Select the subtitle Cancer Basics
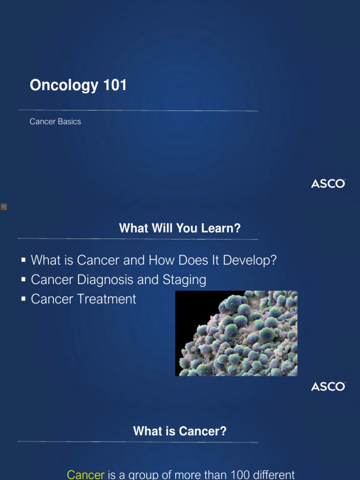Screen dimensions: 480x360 pos(55,121)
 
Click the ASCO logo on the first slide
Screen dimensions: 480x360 pos(328,184)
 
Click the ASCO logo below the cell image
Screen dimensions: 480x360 pos(328,387)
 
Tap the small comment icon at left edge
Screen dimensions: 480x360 pos(4,207)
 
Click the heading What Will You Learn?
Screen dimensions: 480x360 pos(180,228)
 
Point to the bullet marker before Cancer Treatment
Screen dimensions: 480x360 pos(23,299)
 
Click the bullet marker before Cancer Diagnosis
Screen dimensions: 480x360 pos(23,279)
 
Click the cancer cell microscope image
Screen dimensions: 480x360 pos(236,333)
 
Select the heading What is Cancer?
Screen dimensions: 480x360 pos(180,431)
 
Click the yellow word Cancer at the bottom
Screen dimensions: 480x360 pos(86,474)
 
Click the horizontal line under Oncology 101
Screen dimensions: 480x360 pos(138,111)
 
